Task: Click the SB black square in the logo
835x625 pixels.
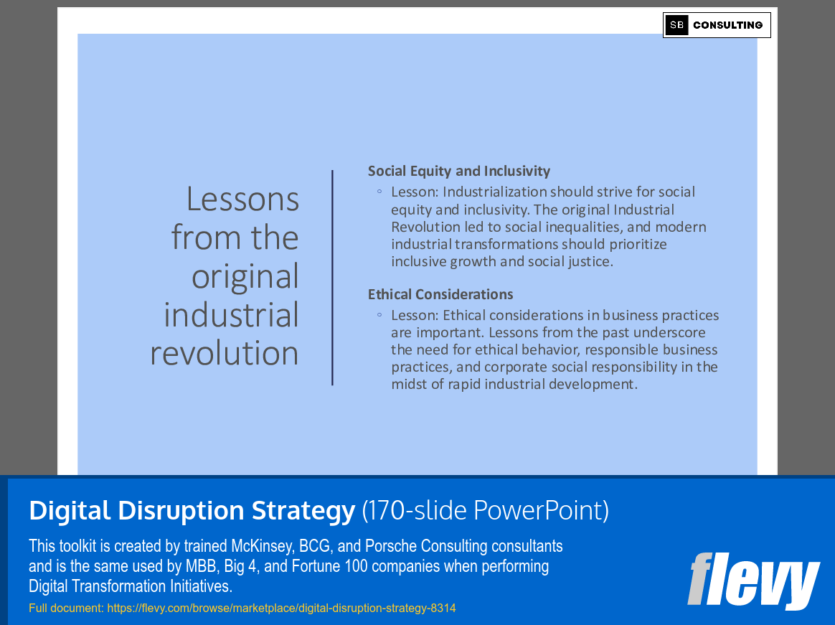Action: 676,25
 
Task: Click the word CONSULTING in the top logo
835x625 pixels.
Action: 727,25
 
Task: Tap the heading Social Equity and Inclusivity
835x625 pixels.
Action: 459,171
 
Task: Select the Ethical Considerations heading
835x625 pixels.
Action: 440,294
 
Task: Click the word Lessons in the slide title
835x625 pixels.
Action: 242,199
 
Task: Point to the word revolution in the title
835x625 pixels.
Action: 225,353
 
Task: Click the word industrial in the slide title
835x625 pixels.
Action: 231,315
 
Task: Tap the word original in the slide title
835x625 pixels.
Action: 245,277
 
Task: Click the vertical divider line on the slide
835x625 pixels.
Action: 332,277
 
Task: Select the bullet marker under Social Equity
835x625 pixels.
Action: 379,192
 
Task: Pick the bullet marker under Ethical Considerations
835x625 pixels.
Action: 379,316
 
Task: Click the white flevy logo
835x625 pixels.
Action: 753,581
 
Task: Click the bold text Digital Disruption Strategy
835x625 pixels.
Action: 192,511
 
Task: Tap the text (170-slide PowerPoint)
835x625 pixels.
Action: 485,511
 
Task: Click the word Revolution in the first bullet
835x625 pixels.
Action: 425,227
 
